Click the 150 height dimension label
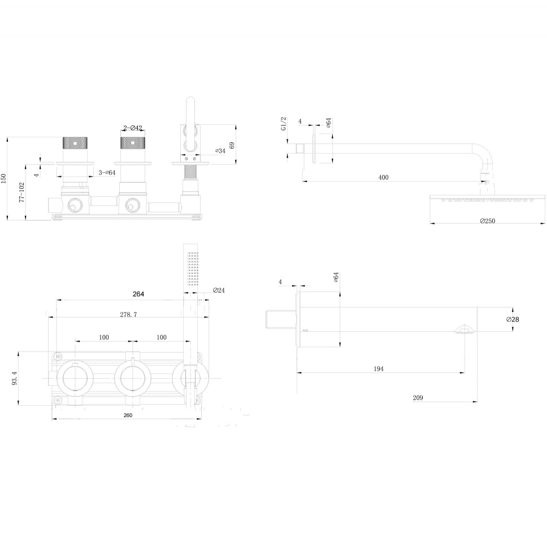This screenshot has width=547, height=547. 4,178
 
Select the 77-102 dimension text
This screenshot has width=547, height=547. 21,192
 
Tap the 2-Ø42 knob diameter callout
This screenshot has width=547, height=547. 133,128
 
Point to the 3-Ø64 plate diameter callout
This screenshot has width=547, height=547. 107,172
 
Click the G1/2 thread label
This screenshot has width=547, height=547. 284,123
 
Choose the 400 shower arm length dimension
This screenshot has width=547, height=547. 383,177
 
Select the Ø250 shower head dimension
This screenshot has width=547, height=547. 487,221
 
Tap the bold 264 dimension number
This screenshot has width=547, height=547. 138,294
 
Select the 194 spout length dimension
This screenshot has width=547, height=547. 379,368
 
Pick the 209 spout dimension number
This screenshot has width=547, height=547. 418,398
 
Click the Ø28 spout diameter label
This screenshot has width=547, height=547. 513,319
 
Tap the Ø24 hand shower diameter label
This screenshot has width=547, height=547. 219,290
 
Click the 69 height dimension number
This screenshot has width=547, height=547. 232,145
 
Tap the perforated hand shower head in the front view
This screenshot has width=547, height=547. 192,268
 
